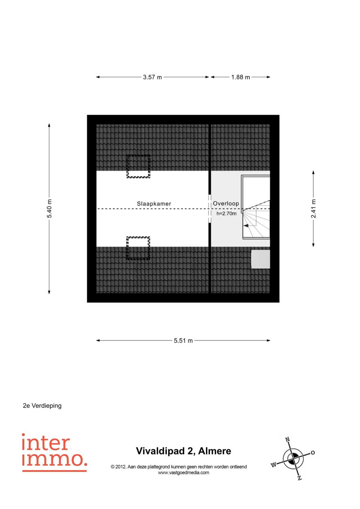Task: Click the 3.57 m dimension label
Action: [152, 77]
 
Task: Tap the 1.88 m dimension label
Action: [241, 77]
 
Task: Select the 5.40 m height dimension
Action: [49, 209]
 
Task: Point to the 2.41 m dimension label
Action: [313, 209]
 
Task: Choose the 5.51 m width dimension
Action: [183, 341]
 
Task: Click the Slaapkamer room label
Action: [154, 204]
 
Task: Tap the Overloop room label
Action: [226, 204]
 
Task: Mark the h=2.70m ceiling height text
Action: [227, 214]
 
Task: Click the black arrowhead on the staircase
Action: [246, 226]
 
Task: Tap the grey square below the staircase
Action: [261, 259]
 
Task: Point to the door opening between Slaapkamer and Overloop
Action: [210, 209]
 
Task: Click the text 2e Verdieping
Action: [42, 406]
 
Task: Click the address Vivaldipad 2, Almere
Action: [183, 451]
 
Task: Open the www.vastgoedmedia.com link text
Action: [183, 473]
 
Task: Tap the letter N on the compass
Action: [287, 439]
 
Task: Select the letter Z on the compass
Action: [300, 478]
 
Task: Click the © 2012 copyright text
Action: [179, 467]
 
